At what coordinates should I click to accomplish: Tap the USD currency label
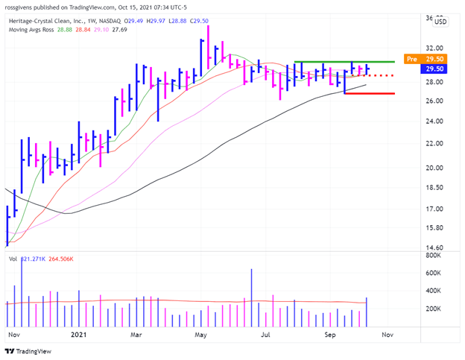(440, 21)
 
